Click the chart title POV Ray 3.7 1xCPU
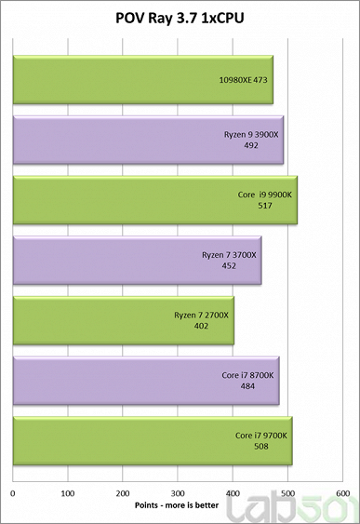180,16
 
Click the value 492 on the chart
253,145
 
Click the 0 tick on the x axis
13,492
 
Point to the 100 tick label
68,492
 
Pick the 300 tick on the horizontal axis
179,492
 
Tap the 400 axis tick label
233,492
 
